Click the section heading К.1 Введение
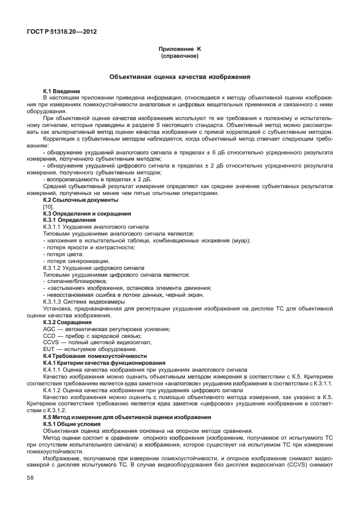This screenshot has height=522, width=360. (62, 91)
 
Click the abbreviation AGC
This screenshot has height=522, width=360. (50, 329)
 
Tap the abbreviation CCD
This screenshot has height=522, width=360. (50, 335)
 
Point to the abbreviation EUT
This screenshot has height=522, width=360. (49, 349)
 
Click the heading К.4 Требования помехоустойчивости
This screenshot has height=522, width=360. (87, 356)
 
